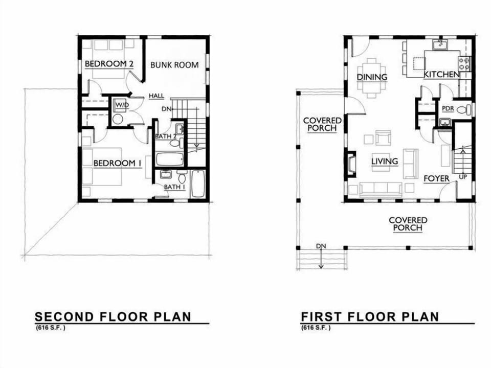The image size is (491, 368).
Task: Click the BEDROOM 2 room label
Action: [109, 63]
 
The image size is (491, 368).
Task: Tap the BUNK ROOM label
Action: [174, 65]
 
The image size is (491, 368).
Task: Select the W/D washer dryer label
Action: [121, 105]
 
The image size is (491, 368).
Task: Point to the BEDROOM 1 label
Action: [117, 163]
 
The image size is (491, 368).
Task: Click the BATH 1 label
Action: [174, 187]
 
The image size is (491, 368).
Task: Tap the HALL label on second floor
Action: [156, 96]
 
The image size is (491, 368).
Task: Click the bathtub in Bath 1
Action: [197, 184]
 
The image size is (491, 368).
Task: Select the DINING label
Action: [372, 77]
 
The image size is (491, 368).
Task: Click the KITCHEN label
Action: [441, 75]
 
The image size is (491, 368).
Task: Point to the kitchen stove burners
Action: [464, 63]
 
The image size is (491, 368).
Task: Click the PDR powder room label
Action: [448, 109]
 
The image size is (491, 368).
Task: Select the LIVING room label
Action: [385, 162]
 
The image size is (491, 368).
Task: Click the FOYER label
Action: [436, 178]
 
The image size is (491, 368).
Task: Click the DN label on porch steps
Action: [321, 246]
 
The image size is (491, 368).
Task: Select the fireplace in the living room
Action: [351, 164]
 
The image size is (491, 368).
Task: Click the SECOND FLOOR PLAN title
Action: [113, 316]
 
